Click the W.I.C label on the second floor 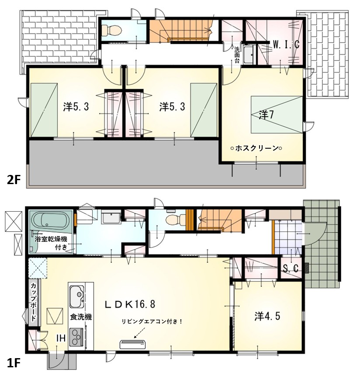(x=286, y=45)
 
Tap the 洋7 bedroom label (x=267, y=115)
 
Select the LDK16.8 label (x=130, y=304)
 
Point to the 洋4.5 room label (x=267, y=316)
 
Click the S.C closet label (x=291, y=268)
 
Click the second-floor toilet (x=111, y=31)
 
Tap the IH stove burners (x=76, y=337)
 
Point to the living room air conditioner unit (x=133, y=344)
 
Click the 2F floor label (x=13, y=180)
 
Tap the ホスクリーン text (x=257, y=148)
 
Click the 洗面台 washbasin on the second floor (x=248, y=55)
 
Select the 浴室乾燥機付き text (x=51, y=243)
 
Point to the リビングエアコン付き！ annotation (x=152, y=321)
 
